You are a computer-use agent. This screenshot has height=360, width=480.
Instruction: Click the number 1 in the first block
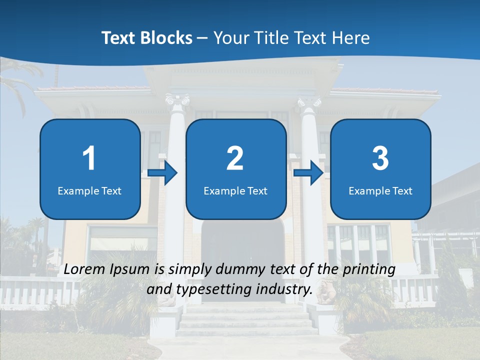89,158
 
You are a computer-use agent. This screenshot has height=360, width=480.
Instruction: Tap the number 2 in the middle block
235,158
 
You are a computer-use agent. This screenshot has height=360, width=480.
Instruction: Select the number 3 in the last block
380,158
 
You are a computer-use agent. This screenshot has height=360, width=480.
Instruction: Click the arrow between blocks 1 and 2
163,173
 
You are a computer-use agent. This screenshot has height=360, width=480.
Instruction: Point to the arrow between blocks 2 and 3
309,173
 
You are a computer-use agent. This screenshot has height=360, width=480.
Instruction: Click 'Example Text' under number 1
89,190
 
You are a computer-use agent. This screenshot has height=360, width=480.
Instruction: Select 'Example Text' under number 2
235,190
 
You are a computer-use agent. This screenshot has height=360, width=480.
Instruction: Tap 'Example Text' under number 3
380,190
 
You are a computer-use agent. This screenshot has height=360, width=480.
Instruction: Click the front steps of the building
245,320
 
